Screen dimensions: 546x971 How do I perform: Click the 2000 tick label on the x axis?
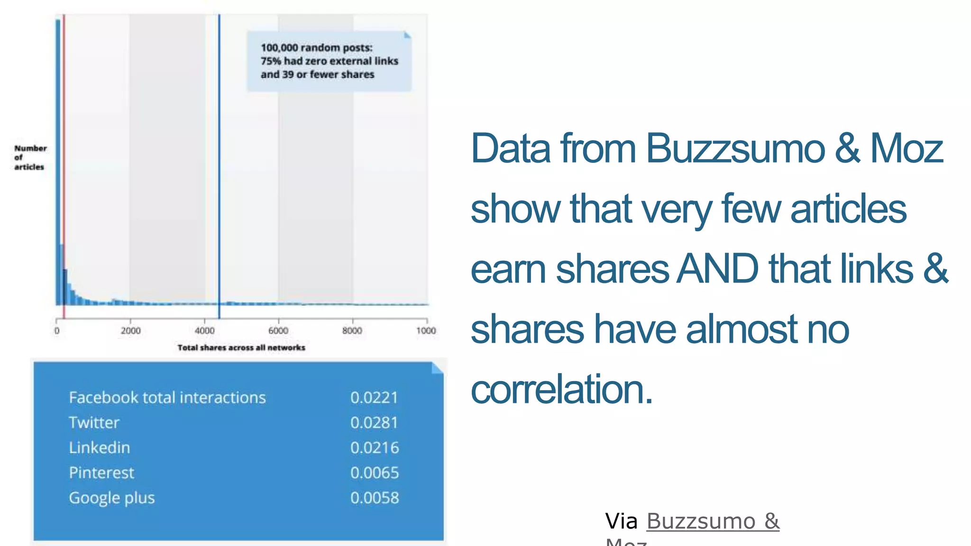130,331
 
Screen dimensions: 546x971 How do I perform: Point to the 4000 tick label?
204,331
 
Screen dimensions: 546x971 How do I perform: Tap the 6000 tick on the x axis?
278,331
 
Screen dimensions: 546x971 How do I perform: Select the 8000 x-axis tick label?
352,331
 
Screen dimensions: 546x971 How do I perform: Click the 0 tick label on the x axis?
57,331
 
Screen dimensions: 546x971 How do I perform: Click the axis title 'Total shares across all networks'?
241,347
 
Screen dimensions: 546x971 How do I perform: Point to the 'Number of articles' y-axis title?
30,157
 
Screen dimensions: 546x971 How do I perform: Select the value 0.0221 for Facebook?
374,398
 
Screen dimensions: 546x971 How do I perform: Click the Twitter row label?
94,423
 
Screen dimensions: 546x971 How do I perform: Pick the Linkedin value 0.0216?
375,448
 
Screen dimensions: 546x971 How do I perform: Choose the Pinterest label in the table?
101,473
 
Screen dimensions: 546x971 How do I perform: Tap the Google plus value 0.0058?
375,498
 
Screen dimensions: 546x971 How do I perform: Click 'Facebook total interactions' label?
167,398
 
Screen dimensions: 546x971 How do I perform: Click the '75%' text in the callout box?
270,61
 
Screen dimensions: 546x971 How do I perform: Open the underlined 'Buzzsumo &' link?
713,521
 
